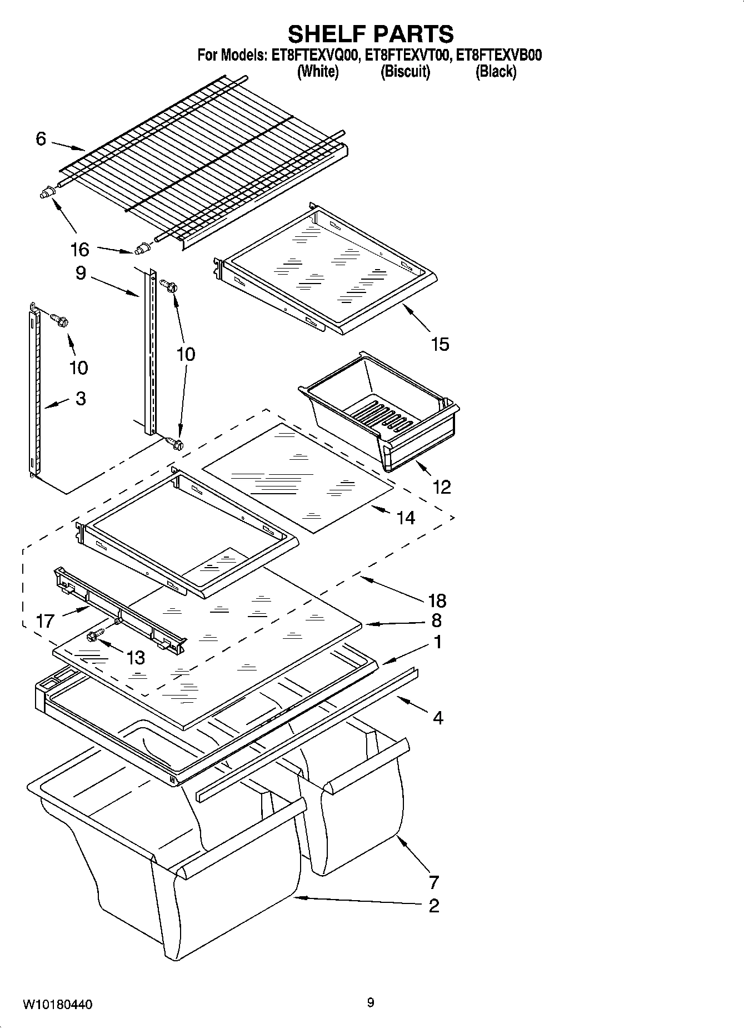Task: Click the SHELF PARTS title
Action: point(371,34)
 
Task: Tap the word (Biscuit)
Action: point(405,72)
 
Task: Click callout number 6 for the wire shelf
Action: point(41,138)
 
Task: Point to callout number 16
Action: point(80,250)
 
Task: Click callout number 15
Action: point(440,344)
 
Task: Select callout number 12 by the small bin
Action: point(441,487)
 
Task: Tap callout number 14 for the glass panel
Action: point(406,518)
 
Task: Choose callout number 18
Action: point(437,600)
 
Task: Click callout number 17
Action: point(45,620)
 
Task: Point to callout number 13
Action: point(136,658)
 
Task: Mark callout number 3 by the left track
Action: point(81,398)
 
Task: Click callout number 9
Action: point(81,273)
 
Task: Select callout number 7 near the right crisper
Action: point(434,882)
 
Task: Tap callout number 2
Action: point(434,906)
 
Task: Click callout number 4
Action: point(438,718)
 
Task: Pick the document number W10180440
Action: point(57,1005)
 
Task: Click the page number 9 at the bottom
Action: point(371,1003)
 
